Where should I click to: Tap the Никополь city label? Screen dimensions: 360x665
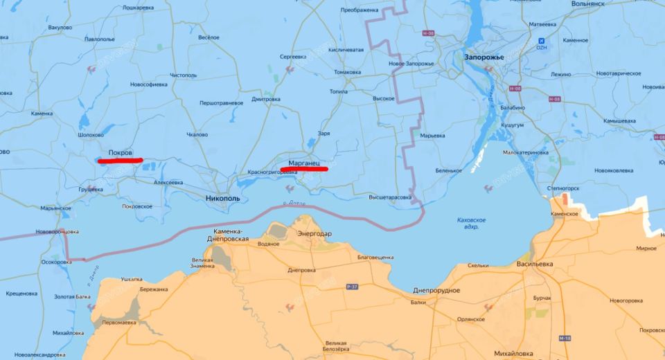(x=223, y=199)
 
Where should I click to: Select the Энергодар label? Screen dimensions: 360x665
(x=314, y=234)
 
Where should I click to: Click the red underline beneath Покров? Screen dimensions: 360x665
(x=121, y=161)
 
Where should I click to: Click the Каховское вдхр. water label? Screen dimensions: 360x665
(x=471, y=223)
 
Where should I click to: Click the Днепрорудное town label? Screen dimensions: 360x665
(x=436, y=290)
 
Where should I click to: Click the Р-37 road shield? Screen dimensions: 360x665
(x=352, y=285)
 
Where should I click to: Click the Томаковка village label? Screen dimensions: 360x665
(x=346, y=72)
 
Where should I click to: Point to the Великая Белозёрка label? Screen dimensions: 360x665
(x=336, y=346)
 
